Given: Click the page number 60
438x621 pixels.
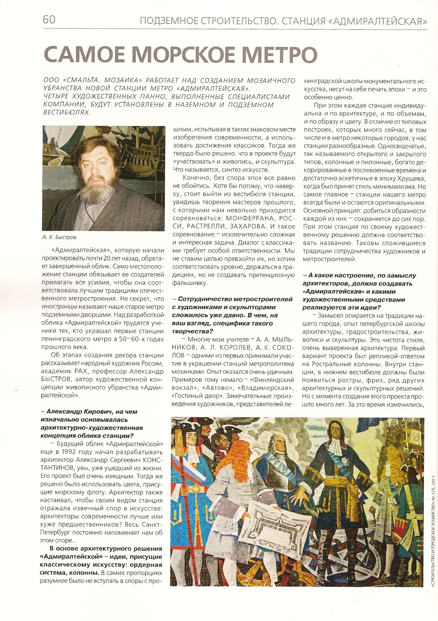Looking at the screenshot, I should [49, 19].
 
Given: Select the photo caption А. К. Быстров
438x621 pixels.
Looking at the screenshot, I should [59, 237].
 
